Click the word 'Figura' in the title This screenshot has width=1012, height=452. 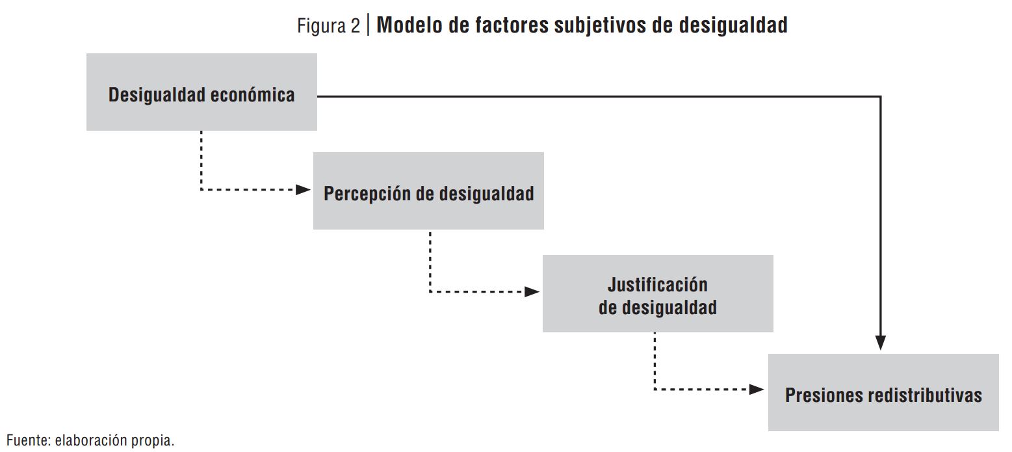(x=320, y=26)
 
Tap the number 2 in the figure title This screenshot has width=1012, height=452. (x=355, y=26)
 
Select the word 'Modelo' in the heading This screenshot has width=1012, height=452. (x=409, y=25)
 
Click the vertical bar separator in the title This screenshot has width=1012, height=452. (x=368, y=25)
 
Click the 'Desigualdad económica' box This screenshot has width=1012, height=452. (x=201, y=92)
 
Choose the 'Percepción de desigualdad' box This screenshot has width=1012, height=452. (x=428, y=191)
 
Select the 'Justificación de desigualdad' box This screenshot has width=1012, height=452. (x=658, y=294)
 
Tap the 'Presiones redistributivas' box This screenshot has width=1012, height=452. (x=883, y=392)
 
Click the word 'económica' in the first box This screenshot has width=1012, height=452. (x=253, y=95)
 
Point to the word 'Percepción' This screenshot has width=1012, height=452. (x=367, y=194)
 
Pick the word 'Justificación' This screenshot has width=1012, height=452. (x=658, y=285)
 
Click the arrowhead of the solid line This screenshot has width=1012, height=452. (x=881, y=343)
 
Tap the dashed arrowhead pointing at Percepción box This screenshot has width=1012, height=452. (x=303, y=190)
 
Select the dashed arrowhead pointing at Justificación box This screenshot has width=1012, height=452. (x=532, y=291)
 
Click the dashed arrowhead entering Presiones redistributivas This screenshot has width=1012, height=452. (x=757, y=389)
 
